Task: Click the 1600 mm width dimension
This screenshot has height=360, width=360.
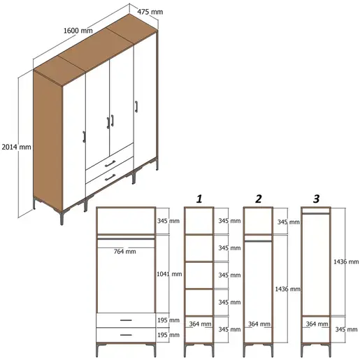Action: (x=77, y=31)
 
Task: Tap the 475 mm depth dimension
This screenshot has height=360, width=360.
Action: (x=150, y=12)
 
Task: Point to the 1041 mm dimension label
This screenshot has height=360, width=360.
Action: (x=171, y=275)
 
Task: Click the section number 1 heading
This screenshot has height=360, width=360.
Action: (x=200, y=199)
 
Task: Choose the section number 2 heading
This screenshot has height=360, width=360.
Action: (x=258, y=199)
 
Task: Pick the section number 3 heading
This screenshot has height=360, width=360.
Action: (x=316, y=199)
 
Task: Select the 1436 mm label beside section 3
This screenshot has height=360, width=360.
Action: (x=345, y=261)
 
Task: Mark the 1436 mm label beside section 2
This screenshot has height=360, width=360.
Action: (x=288, y=289)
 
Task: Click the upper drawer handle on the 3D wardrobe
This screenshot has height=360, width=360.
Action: (x=110, y=163)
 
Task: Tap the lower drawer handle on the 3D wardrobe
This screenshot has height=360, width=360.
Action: (x=110, y=178)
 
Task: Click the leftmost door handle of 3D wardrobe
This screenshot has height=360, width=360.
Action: (x=84, y=136)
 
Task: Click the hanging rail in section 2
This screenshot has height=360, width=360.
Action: (x=258, y=239)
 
